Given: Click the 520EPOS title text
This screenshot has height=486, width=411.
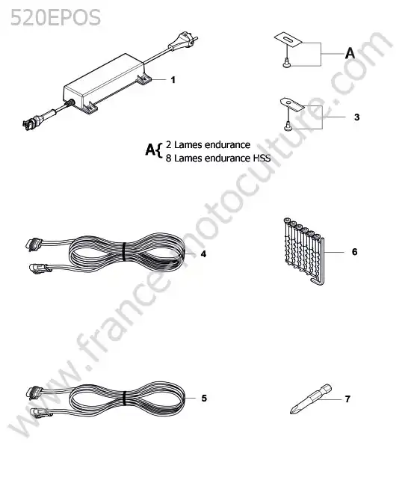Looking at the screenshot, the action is (55, 17).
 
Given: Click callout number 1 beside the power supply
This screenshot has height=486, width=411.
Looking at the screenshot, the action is (173, 80).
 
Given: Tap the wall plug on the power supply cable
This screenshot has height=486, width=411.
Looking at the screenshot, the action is (183, 43).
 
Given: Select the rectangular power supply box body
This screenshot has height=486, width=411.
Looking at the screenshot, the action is (104, 81).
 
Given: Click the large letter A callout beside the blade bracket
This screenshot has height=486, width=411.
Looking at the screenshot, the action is (350, 53).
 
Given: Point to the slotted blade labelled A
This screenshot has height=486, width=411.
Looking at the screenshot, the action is (288, 40).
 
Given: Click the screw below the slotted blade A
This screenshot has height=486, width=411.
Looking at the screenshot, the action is (286, 63).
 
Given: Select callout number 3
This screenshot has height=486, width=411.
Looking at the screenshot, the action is (356, 117).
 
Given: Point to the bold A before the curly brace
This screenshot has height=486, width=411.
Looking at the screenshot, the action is (150, 150).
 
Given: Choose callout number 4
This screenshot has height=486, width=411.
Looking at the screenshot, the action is (203, 254).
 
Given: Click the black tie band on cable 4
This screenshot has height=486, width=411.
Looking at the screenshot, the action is (123, 252).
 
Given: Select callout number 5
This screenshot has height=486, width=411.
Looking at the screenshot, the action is (204, 399).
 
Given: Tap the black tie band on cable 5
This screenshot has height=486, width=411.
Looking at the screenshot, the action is (124, 398).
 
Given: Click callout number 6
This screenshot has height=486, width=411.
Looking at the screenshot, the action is (355, 252).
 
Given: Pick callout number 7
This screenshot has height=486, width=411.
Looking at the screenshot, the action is (347, 399).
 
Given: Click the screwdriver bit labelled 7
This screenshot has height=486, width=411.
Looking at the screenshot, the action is (311, 399).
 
